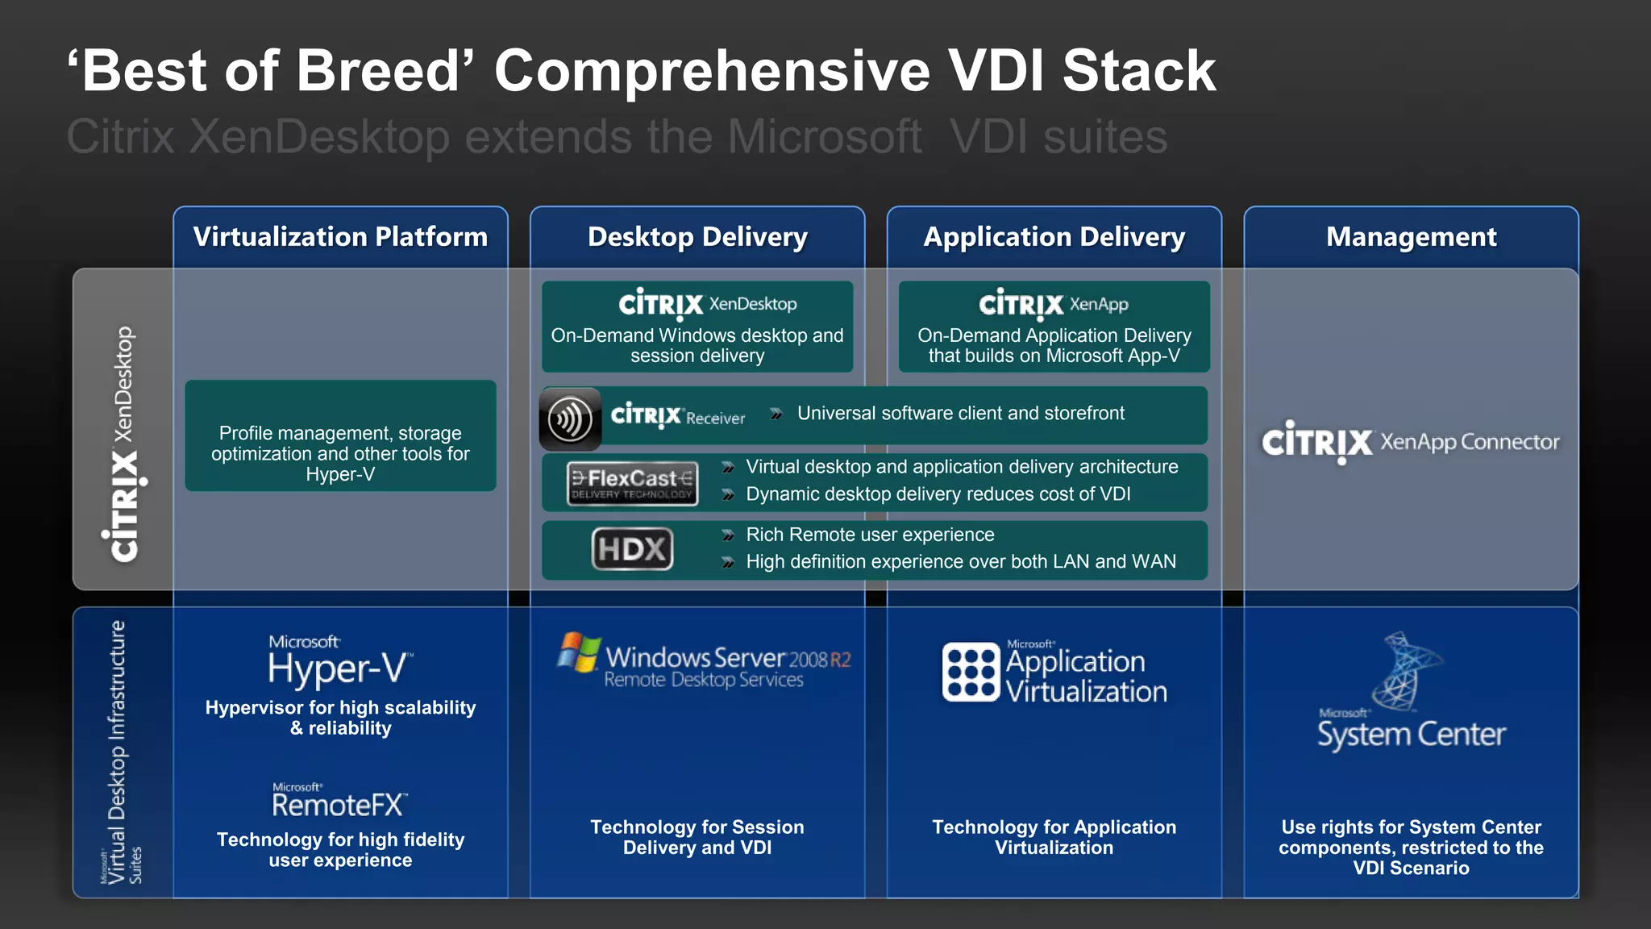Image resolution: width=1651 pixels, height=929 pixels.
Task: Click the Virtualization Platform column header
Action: pyautogui.click(x=340, y=237)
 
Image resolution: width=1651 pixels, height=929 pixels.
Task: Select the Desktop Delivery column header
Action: pyautogui.click(x=697, y=237)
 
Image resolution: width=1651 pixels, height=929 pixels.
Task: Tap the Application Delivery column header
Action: pyautogui.click(x=1054, y=237)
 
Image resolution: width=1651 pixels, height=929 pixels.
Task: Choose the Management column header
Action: pyautogui.click(x=1411, y=237)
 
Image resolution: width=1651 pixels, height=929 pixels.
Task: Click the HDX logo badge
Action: pyautogui.click(x=633, y=549)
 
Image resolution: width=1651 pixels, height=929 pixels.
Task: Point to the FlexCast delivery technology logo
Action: pyautogui.click(x=632, y=483)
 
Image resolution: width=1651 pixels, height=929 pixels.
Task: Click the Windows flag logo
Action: pyautogui.click(x=579, y=652)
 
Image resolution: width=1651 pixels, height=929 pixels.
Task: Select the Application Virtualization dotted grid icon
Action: pyautogui.click(x=971, y=672)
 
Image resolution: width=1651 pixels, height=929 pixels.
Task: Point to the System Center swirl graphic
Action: pyautogui.click(x=1407, y=671)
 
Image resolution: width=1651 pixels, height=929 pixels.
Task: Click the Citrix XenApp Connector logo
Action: pyautogui.click(x=1411, y=442)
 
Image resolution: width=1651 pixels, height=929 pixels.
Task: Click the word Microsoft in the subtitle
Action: pyautogui.click(x=824, y=136)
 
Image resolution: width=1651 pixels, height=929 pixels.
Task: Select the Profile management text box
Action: pyautogui.click(x=340, y=452)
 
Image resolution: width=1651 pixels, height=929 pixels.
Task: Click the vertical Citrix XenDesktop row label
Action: pyautogui.click(x=123, y=444)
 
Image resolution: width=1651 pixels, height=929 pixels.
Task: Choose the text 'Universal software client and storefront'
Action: pyautogui.click(x=960, y=414)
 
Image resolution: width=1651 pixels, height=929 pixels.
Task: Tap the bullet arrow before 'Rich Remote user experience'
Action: pyautogui.click(x=728, y=535)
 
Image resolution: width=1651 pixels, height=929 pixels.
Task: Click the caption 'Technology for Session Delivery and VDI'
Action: pyautogui.click(x=697, y=837)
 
